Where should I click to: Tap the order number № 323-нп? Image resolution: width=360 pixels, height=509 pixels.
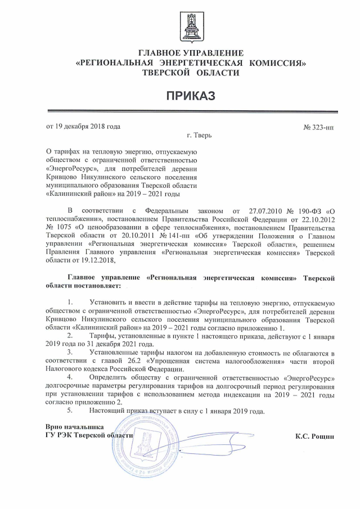point(318,127)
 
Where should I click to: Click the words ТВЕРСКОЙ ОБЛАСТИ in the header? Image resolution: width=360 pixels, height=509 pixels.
point(191,73)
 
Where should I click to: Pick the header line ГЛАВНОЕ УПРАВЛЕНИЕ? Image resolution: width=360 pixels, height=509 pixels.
point(191,53)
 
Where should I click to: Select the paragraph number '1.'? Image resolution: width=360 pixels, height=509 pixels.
point(70,304)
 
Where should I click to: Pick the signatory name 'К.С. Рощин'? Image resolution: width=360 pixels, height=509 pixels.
point(315,436)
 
